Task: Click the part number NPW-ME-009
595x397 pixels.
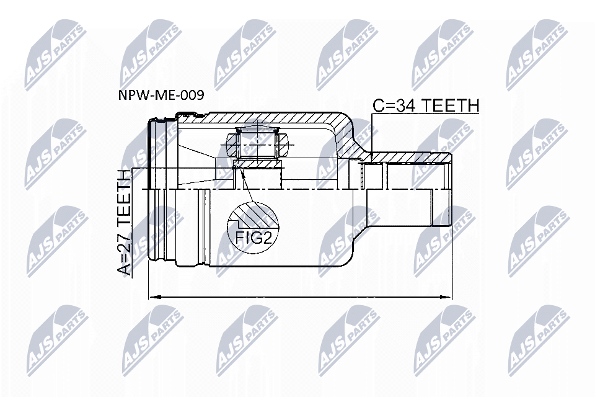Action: [161, 96]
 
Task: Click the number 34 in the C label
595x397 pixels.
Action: [409, 106]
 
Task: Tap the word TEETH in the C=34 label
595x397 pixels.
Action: [452, 106]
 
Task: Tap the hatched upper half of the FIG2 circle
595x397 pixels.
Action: [253, 215]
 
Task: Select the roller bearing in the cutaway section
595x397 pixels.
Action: [257, 145]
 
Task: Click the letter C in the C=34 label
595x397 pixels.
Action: [379, 106]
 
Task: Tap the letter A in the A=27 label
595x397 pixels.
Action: [125, 268]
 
